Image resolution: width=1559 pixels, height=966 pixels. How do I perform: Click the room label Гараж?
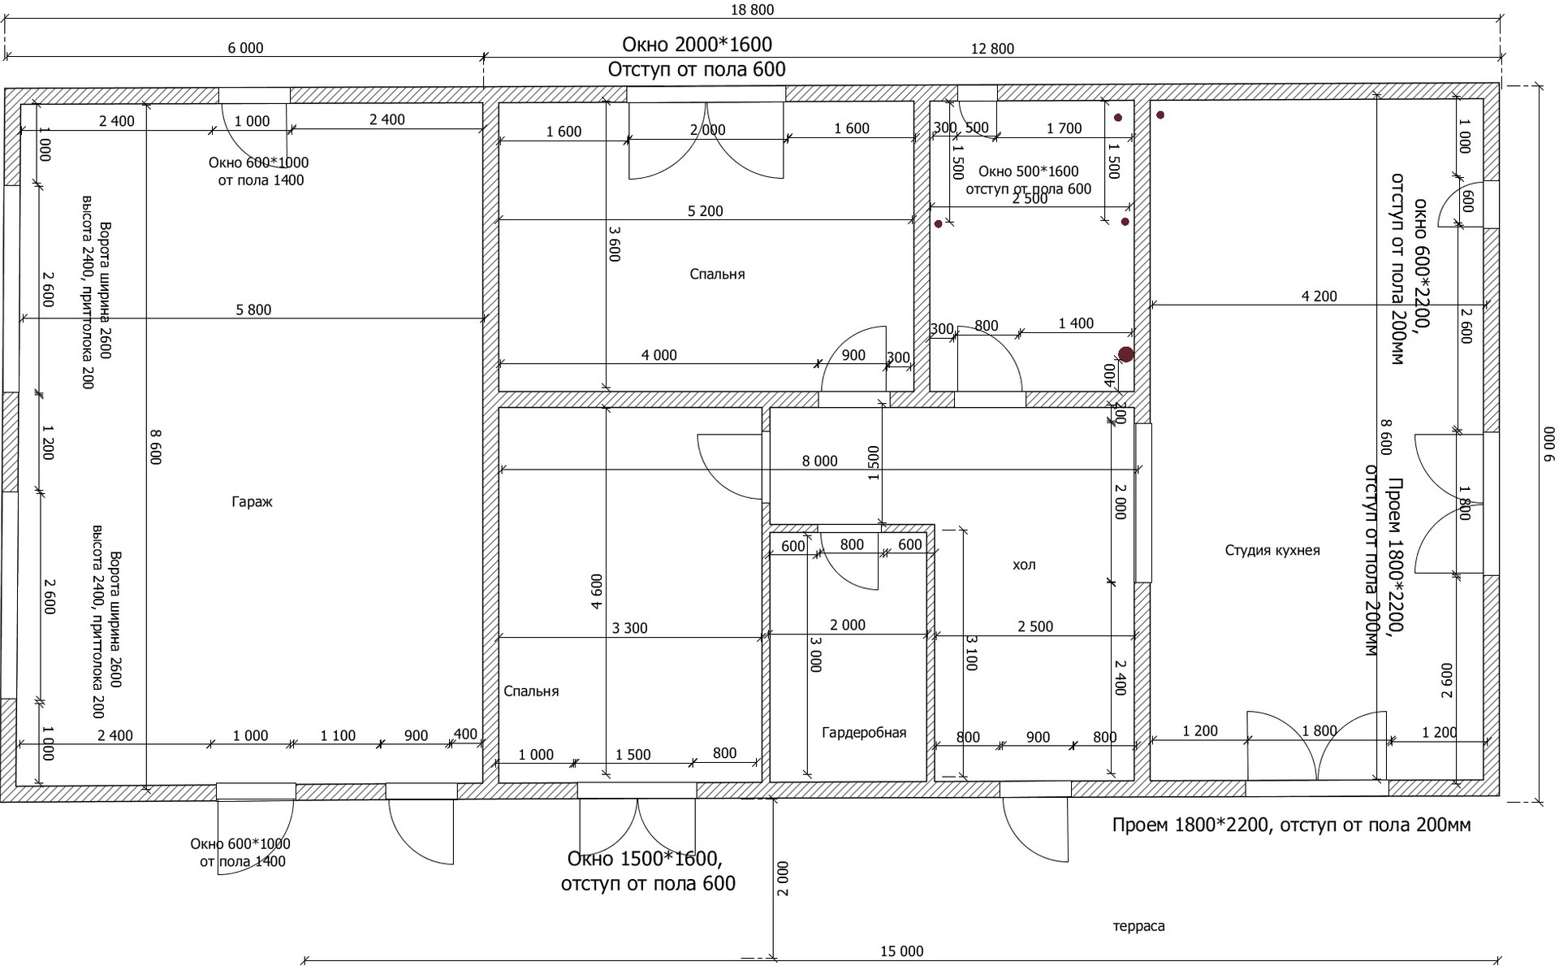[252, 502]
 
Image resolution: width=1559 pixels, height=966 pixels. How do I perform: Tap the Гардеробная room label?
[864, 733]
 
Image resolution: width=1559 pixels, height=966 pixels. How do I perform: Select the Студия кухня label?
[1272, 551]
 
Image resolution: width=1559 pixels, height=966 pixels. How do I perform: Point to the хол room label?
[1024, 565]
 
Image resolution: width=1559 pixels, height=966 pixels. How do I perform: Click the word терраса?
[1138, 926]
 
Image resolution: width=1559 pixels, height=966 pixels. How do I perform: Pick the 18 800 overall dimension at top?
[753, 10]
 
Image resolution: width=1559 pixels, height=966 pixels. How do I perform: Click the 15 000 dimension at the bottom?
[901, 951]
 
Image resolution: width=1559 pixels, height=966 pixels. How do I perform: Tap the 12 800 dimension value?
[992, 49]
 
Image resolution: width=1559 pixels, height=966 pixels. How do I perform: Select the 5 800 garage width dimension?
[253, 310]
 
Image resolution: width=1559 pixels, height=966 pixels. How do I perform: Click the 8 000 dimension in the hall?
[819, 461]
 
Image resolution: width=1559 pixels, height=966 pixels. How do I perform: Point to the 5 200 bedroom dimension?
[705, 211]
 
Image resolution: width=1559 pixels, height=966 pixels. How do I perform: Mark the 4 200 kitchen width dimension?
[1319, 297]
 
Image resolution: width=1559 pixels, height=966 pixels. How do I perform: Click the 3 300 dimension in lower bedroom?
[629, 628]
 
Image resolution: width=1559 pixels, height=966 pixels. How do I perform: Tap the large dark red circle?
[1125, 354]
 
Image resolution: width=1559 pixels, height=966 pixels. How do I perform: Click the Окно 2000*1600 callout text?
[697, 44]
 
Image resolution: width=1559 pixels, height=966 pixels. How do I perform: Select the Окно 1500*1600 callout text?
[644, 860]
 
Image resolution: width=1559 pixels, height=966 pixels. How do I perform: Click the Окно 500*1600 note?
[1028, 171]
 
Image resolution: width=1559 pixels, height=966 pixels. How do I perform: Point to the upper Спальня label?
[717, 275]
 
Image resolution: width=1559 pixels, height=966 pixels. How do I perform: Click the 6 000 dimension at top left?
[245, 48]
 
